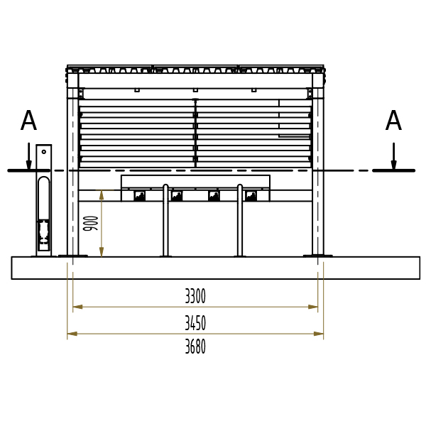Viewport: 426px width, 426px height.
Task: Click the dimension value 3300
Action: [x=195, y=296]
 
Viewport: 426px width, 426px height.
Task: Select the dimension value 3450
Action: [x=195, y=323]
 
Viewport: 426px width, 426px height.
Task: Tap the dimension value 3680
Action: [x=195, y=346]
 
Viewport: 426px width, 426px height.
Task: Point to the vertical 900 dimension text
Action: [x=90, y=224]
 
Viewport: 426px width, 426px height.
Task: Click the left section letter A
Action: [x=28, y=121]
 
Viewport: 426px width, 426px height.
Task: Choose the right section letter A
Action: [x=393, y=121]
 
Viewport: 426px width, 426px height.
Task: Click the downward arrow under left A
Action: [x=29, y=156]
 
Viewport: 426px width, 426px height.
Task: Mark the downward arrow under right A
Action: [x=393, y=156]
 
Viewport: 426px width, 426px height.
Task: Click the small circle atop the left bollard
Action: [x=44, y=152]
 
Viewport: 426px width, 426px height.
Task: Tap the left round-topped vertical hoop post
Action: [x=165, y=220]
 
